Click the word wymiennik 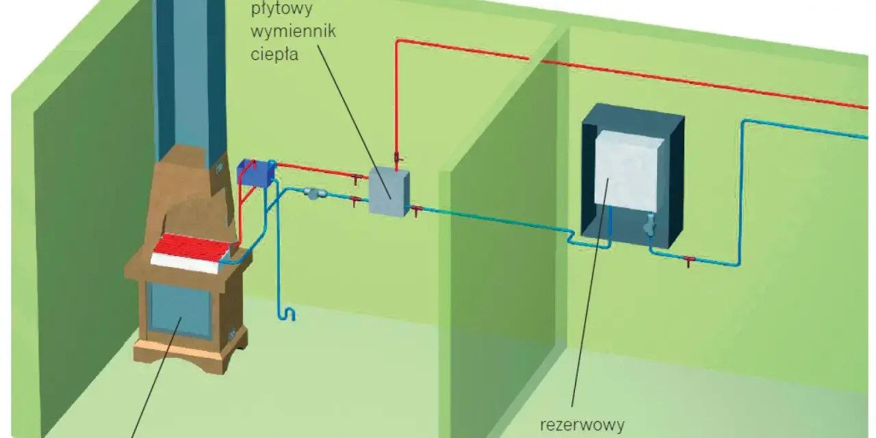pyautogui.click(x=294, y=31)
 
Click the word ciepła pyautogui.click(x=274, y=54)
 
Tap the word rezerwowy pyautogui.click(x=582, y=425)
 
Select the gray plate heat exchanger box pyautogui.click(x=389, y=192)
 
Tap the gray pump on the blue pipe pyautogui.click(x=315, y=193)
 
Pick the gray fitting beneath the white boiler pyautogui.click(x=649, y=225)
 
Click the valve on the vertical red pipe pyautogui.click(x=397, y=157)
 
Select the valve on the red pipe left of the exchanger pyautogui.click(x=355, y=179)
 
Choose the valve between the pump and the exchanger pyautogui.click(x=355, y=201)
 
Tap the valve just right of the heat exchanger pyautogui.click(x=416, y=211)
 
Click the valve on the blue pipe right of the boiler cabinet pyautogui.click(x=688, y=261)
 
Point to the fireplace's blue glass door pyautogui.click(x=180, y=310)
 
